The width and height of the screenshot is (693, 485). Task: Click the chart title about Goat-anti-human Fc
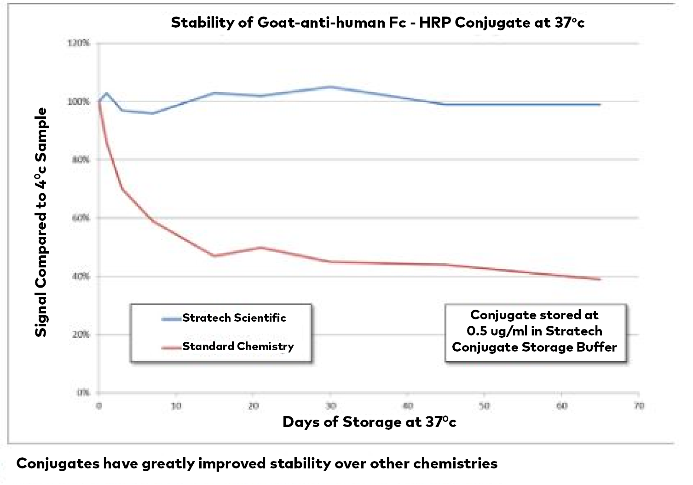coord(377,23)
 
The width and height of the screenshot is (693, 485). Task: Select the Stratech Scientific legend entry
coord(234,318)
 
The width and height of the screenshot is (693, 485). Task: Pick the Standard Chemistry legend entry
coord(238,346)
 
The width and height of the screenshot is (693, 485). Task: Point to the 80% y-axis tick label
coord(81,160)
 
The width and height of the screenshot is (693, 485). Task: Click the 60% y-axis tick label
coord(81,218)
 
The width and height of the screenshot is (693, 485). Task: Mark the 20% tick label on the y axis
coord(81,335)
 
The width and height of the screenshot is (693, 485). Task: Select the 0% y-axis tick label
coord(83,393)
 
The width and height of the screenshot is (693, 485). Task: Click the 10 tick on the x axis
coord(176,406)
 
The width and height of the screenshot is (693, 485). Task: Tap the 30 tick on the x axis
coord(331,406)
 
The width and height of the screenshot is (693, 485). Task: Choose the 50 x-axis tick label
coord(485,406)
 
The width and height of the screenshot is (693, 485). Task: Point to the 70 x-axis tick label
coord(639,406)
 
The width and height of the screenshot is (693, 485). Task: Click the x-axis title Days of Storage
coord(369,422)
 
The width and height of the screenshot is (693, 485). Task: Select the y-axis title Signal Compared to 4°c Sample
coord(41,222)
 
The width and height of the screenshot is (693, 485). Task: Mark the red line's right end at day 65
coord(600,279)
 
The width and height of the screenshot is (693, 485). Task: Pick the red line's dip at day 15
coord(214,256)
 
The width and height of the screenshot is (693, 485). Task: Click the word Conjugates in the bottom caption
coord(58,463)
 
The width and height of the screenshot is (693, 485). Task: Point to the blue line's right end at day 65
coord(600,104)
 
